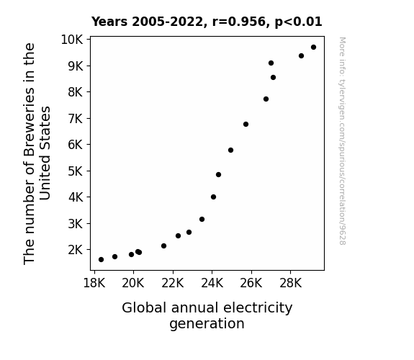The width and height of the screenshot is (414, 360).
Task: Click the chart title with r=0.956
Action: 207,22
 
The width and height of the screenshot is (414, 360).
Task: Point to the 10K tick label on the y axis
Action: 72,40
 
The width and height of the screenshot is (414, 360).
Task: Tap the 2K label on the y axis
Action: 76,250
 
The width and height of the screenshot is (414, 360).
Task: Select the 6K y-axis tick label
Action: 76,145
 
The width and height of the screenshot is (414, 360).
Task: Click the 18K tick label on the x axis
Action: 94,283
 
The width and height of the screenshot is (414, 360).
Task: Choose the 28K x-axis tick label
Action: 290,283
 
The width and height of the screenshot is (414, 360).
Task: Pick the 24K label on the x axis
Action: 212,283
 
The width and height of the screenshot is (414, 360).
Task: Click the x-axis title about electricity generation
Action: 207,315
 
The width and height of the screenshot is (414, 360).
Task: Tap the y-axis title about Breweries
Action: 37,153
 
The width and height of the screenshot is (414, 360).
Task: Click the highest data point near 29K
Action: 313,48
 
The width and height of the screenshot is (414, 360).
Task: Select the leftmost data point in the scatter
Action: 101,260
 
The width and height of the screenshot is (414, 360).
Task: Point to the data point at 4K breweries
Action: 214,197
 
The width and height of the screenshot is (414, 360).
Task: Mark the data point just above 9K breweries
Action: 271,63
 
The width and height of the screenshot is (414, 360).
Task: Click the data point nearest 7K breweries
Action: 246,124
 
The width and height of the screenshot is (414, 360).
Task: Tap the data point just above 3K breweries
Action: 202,219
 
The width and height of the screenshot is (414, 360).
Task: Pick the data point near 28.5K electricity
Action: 301,56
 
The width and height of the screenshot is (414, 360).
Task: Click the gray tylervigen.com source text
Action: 342,141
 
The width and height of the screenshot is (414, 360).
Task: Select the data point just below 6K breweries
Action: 231,150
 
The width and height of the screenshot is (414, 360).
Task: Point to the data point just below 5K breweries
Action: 218,174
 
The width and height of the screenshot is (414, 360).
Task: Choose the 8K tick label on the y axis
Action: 76,92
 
